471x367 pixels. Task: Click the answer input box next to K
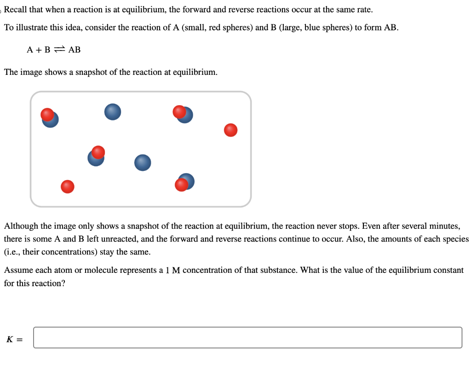tap(247, 338)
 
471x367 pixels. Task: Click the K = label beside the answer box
tap(15, 340)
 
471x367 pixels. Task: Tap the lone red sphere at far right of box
tap(231, 130)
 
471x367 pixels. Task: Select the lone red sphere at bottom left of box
tap(68, 186)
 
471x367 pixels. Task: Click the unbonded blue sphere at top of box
tap(113, 112)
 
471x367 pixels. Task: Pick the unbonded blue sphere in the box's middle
tap(143, 163)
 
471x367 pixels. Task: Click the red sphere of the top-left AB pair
tap(47, 114)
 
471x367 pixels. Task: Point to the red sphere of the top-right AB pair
tap(179, 112)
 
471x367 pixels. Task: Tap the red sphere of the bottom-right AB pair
tap(182, 185)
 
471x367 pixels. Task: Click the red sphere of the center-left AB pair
tap(98, 152)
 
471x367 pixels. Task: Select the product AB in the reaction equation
tap(75, 50)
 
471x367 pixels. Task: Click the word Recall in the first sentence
tap(16, 10)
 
